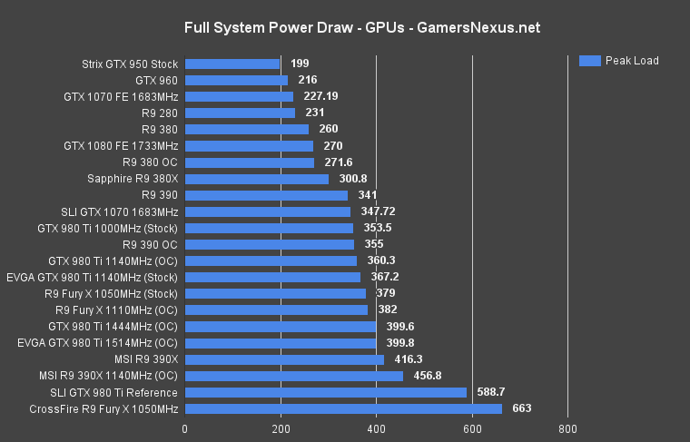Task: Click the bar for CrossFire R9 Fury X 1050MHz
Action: tap(343, 409)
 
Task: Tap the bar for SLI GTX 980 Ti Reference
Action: tap(325, 393)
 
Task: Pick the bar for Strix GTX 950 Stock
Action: tap(232, 64)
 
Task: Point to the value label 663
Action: tap(522, 409)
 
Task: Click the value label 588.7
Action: tap(491, 393)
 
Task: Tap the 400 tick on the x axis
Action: tap(376, 429)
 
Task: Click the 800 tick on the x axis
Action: tap(567, 429)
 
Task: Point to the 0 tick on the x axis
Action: tap(185, 429)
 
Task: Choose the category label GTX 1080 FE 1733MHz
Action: tap(121, 146)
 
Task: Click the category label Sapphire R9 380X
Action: tap(133, 179)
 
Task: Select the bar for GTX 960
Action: tap(236, 81)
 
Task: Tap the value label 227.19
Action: tap(320, 97)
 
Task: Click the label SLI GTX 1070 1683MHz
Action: tap(120, 211)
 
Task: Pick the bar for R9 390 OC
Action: tap(270, 244)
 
